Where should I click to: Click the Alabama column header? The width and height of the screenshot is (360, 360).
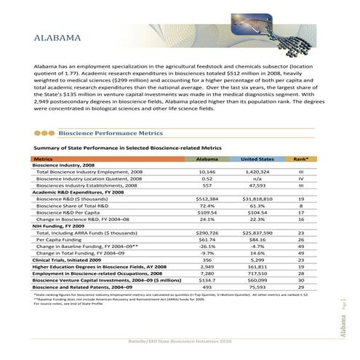click(x=207, y=158)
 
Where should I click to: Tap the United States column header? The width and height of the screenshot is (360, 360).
click(x=256, y=158)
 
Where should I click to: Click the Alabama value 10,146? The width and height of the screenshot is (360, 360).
click(x=207, y=172)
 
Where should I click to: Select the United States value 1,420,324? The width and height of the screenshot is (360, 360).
click(x=256, y=172)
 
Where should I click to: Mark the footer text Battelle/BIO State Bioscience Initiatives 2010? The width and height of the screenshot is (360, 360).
click(x=179, y=342)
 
